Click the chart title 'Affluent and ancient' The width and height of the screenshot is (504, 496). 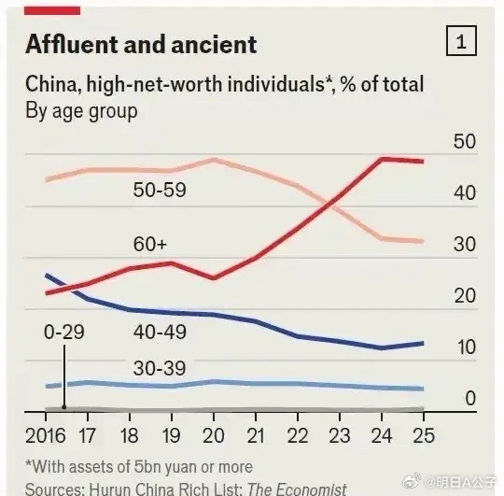pyautogui.click(x=141, y=44)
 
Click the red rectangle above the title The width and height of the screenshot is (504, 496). pyautogui.click(x=52, y=8)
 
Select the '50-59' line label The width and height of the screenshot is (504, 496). pyautogui.click(x=159, y=190)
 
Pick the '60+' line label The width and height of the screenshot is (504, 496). pyautogui.click(x=149, y=245)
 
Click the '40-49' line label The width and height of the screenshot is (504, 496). pyautogui.click(x=158, y=332)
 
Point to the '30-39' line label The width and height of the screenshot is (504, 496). pyautogui.click(x=158, y=368)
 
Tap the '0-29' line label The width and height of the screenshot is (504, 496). pyautogui.click(x=63, y=332)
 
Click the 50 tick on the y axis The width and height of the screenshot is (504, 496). pyautogui.click(x=464, y=141)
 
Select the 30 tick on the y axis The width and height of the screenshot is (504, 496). pyautogui.click(x=464, y=245)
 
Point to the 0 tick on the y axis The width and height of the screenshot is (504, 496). pyautogui.click(x=470, y=399)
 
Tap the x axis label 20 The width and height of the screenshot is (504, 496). pyautogui.click(x=215, y=435)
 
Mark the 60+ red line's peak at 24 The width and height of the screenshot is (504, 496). pyautogui.click(x=382, y=159)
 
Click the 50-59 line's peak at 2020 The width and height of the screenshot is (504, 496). pyautogui.click(x=215, y=160)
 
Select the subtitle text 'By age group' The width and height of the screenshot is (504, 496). pyautogui.click(x=81, y=110)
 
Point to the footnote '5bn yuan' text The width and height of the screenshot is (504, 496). pyautogui.click(x=163, y=466)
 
